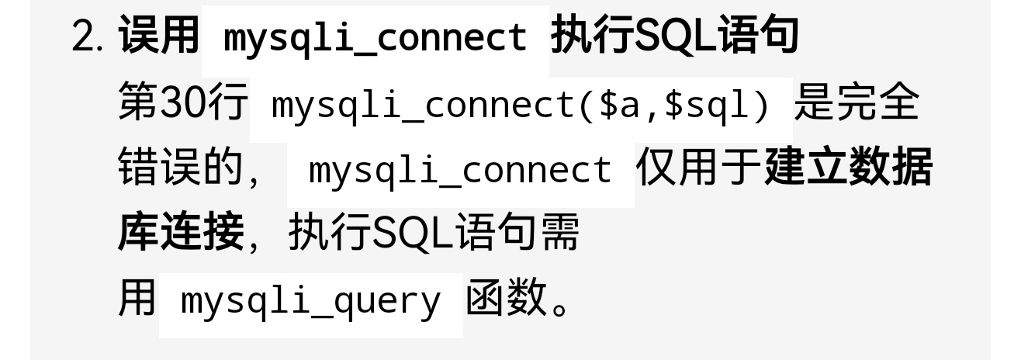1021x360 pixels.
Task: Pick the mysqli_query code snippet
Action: pos(310,301)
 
